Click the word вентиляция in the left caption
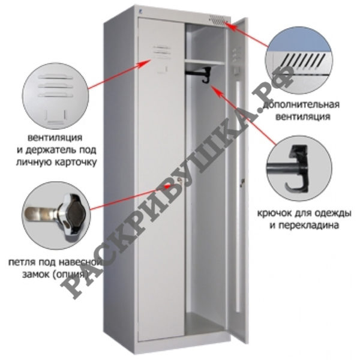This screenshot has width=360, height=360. [55, 138]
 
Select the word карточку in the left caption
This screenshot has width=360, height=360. [76, 163]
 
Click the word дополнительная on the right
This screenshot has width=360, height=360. [301, 105]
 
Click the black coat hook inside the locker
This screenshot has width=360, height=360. [206, 75]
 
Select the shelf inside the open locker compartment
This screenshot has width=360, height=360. [205, 62]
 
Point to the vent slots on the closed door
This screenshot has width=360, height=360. [161, 51]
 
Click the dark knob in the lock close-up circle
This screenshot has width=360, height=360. [76, 212]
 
